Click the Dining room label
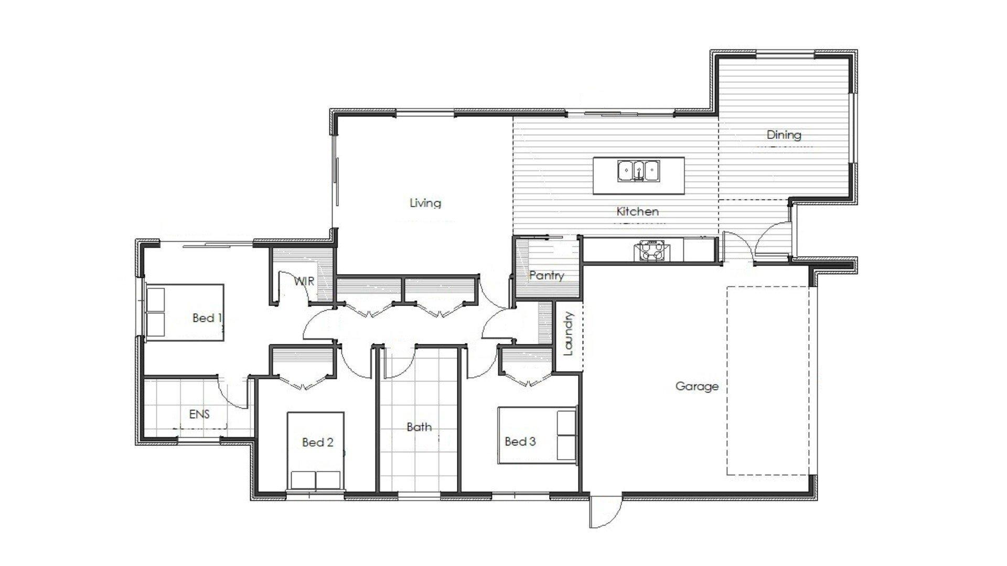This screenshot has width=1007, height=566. click(784, 135)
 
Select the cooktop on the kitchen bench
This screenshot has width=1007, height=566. click(650, 250)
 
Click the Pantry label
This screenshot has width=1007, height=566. click(547, 275)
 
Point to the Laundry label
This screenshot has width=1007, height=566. click(569, 333)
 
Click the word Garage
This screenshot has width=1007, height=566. click(697, 387)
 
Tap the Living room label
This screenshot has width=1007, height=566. click(425, 203)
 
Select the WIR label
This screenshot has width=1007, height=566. click(304, 281)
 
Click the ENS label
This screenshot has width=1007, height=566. click(199, 414)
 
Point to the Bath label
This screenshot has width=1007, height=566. click(419, 427)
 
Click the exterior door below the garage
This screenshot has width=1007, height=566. click(605, 513)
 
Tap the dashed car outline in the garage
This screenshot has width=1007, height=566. click(771, 381)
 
